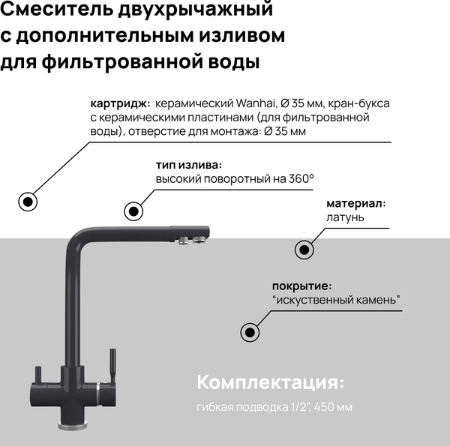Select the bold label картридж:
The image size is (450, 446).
(119, 103)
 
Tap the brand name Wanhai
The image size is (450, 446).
(262, 103)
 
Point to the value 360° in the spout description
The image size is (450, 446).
(299, 179)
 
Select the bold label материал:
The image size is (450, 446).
(355, 204)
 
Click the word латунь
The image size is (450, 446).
(345, 217)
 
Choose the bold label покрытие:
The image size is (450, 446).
(301, 286)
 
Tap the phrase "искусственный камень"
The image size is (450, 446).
(337, 301)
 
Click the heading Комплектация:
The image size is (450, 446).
(270, 382)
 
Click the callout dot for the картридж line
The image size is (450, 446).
(28, 201)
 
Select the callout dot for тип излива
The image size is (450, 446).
(133, 211)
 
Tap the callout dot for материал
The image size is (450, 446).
(303, 249)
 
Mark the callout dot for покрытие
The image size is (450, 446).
(249, 331)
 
